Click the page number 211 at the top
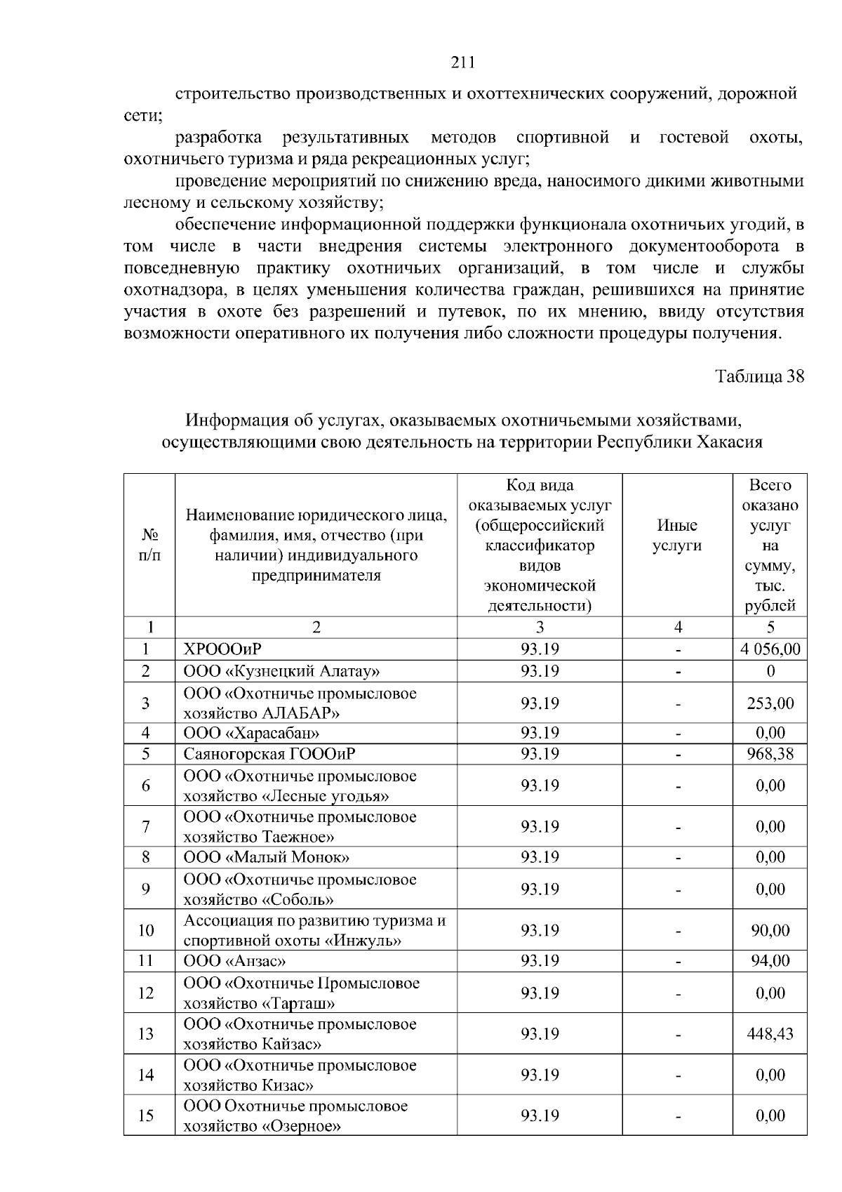point(462,63)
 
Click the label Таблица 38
point(759,376)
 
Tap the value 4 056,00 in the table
point(770,649)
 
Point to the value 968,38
point(770,754)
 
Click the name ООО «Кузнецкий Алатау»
point(281,670)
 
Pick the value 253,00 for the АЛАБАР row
point(770,703)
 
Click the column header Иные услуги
point(676,536)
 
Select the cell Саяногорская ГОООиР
point(269,754)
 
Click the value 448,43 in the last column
point(770,1034)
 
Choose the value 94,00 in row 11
point(770,961)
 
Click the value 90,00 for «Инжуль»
point(770,931)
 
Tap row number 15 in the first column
point(146,1115)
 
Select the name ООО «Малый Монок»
point(266,857)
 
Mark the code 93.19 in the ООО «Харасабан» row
point(539,733)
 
